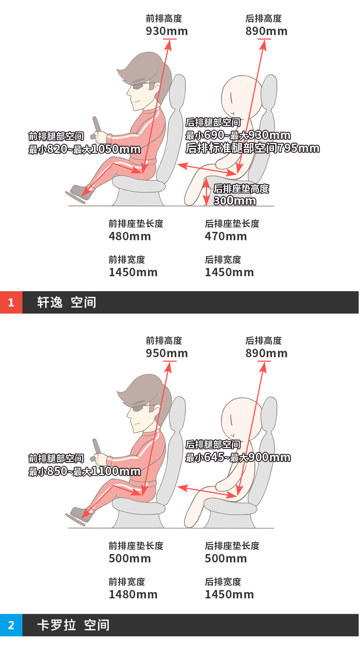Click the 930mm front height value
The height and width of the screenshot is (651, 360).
(167, 31)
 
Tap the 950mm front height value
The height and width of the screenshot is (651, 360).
(167, 353)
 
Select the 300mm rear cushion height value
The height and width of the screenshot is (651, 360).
(235, 201)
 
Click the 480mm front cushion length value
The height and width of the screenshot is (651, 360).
(130, 236)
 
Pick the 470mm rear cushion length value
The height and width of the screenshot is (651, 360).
(226, 236)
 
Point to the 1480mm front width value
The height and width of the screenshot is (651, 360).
(133, 594)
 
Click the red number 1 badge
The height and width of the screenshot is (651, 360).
(11, 302)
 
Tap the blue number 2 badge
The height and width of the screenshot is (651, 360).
(11, 625)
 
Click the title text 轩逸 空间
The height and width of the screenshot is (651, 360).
(67, 302)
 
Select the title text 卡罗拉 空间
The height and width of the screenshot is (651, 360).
(73, 625)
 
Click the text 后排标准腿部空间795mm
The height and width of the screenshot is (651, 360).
(252, 148)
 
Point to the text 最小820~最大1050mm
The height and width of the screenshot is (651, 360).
(84, 149)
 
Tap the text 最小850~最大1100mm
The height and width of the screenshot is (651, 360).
(84, 471)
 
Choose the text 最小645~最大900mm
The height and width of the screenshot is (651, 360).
(238, 457)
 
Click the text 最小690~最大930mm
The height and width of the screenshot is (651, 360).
(238, 135)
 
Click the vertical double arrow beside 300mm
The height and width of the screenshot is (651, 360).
(207, 192)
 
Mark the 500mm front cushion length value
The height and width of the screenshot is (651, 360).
(130, 558)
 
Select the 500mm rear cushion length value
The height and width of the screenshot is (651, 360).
(226, 558)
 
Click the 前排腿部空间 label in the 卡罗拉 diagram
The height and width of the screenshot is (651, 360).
(56, 458)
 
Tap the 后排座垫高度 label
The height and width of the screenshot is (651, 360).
(241, 189)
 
